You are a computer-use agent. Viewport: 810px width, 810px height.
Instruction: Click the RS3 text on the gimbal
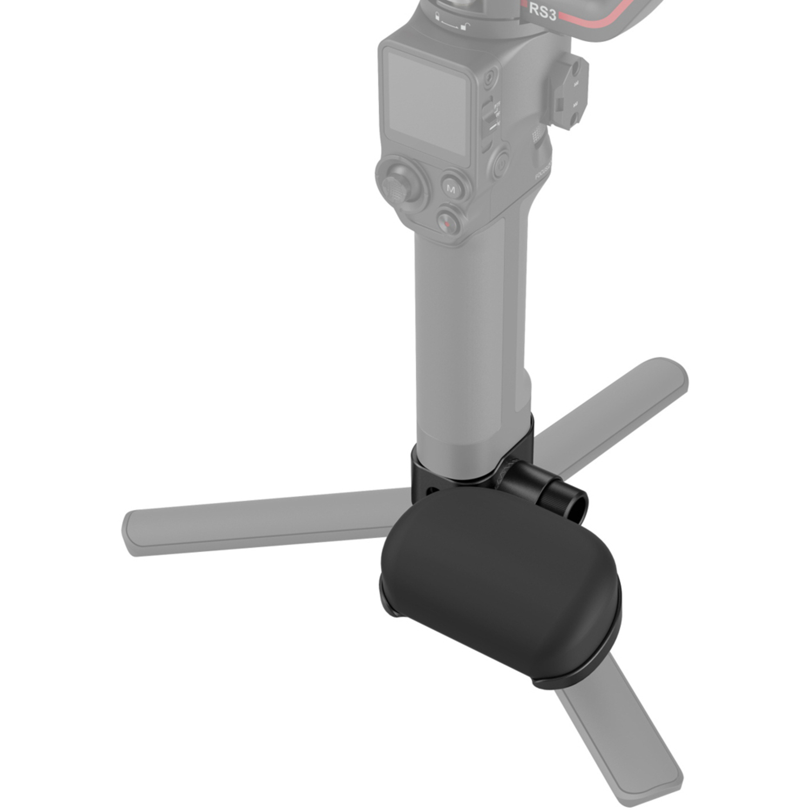coord(542,12)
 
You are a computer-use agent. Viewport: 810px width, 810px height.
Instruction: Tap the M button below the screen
coord(451,188)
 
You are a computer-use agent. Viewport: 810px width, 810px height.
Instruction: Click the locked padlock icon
coord(438,18)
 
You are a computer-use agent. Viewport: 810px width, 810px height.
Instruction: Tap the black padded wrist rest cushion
coord(500,578)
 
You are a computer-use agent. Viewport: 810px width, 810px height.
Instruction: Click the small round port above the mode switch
coord(489,80)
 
